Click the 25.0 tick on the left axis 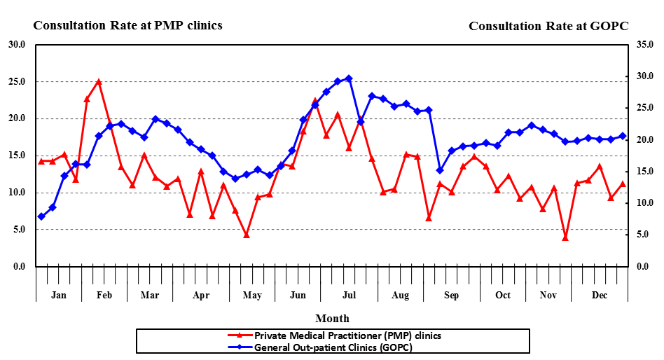click(18, 81)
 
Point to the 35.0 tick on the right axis click(644, 44)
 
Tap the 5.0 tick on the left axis click(20, 229)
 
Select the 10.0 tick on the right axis click(644, 203)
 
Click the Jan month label click(59, 296)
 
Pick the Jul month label click(349, 296)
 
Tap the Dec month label click(600, 296)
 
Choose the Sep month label click(451, 296)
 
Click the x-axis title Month click(332, 319)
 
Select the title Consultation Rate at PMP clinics click(127, 25)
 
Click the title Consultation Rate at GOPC click(548, 26)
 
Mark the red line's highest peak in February click(99, 82)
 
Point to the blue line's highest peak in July click(349, 78)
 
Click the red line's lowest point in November click(565, 237)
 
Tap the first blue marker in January click(41, 216)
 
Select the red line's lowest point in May click(247, 235)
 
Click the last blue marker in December click(623, 136)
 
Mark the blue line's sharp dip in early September click(440, 170)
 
